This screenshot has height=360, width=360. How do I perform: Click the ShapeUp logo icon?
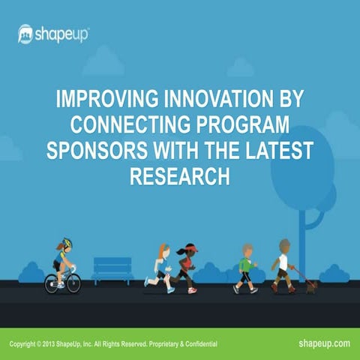tap(25, 34)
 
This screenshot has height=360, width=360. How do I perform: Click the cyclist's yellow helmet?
tap(66, 243)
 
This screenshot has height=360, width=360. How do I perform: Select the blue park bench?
tap(112, 269)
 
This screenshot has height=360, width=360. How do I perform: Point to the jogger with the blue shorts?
tap(160, 267)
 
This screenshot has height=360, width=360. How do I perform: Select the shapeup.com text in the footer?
tap(324, 343)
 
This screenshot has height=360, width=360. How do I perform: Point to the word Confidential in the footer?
tap(198, 343)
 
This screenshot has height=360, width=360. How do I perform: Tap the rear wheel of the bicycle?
tap(52, 283)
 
